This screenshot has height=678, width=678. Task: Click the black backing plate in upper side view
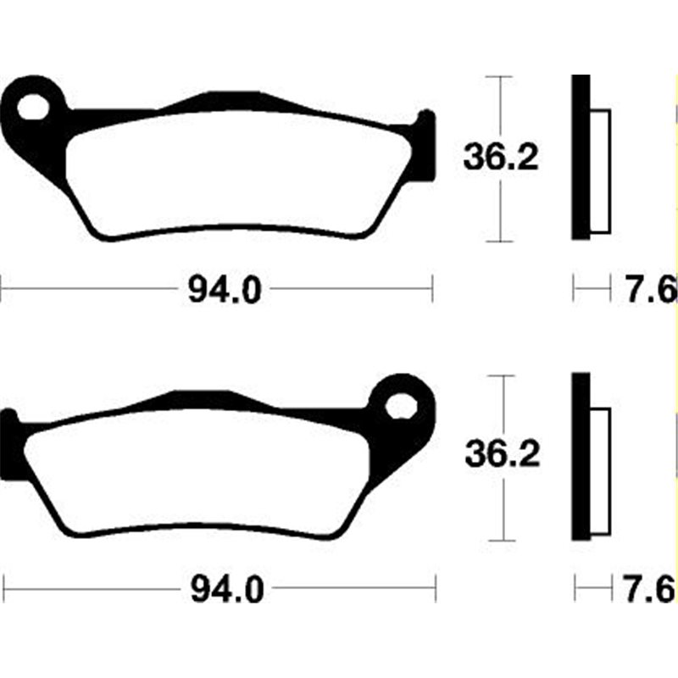pyautogui.click(x=580, y=157)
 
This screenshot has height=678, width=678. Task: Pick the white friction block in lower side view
pyautogui.click(x=600, y=470)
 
